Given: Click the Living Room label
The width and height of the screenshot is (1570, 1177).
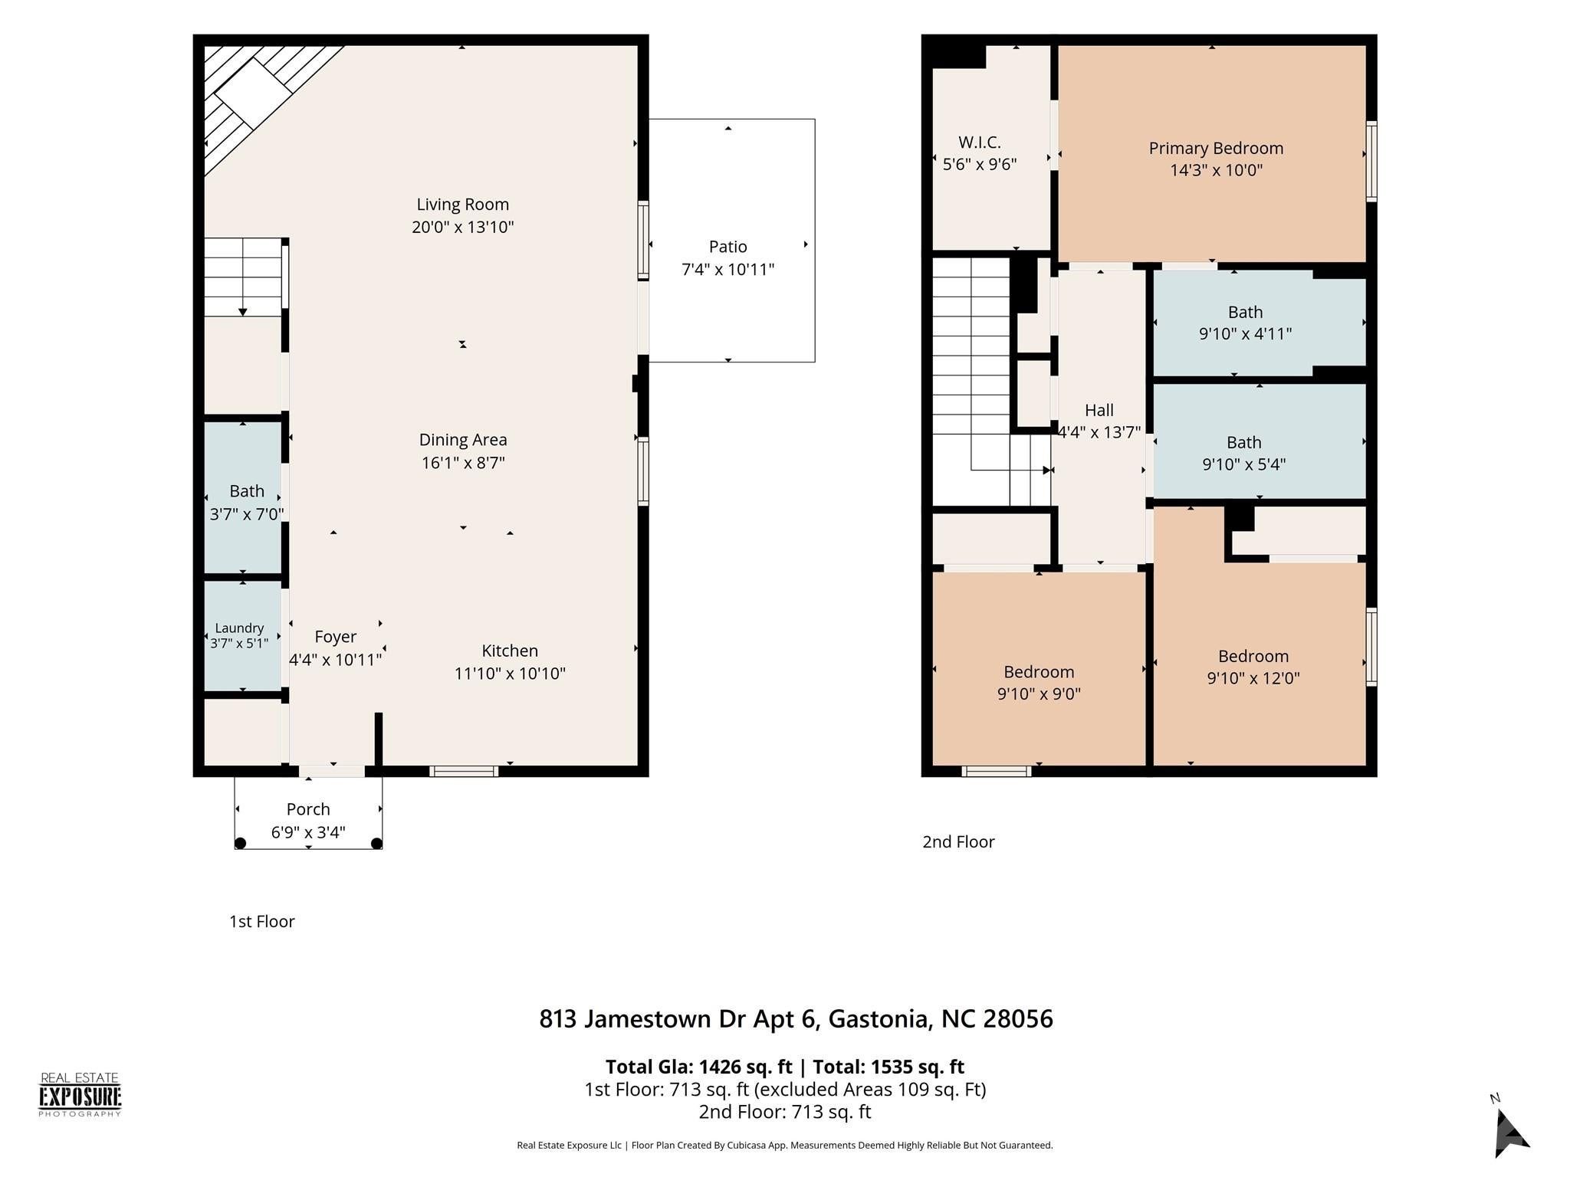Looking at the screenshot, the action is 462,205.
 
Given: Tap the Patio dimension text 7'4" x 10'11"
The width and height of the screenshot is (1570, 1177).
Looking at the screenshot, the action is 728,269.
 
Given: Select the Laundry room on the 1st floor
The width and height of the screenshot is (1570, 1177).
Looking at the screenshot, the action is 242,636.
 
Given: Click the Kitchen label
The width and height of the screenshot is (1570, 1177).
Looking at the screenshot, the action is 510,651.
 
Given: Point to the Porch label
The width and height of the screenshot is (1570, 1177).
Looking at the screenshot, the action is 308,809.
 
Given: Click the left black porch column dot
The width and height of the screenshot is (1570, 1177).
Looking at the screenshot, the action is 240,843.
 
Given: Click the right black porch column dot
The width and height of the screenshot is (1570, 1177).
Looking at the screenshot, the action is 376,843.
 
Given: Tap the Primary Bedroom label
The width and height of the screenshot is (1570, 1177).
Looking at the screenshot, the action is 1216,148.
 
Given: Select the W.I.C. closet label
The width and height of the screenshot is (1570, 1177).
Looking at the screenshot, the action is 980,142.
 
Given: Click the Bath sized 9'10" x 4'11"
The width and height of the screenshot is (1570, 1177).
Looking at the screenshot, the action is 1260,323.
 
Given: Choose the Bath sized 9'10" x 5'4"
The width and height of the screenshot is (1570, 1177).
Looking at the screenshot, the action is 1260,441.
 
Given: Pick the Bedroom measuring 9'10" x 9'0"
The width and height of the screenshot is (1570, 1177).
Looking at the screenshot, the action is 1039,668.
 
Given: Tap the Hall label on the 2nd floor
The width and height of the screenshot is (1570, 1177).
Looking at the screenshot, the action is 1099,410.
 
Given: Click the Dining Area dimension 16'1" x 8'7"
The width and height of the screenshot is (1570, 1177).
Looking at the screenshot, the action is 463,462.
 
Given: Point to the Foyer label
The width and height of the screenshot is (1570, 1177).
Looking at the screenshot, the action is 335,637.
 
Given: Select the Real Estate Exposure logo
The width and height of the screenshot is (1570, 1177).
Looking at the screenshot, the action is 80,1094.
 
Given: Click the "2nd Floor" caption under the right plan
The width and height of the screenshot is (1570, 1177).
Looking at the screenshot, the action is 958,841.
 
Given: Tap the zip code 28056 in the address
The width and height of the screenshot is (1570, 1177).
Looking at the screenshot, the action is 1018,1019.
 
